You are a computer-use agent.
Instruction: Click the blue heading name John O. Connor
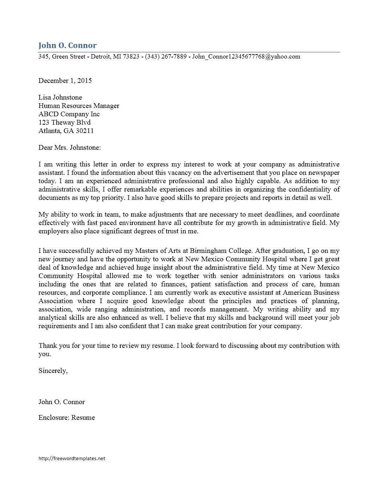coord(67,45)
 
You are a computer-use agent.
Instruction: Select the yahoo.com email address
coord(246,57)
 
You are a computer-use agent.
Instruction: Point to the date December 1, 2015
coord(65,81)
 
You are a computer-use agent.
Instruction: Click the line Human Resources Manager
coord(79,106)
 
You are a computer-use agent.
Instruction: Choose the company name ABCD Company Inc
coord(69,114)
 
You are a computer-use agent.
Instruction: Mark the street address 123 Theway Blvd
coord(64,122)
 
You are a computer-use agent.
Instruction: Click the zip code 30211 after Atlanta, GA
coord(84,131)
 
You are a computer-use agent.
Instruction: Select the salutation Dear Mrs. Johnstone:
coord(69,148)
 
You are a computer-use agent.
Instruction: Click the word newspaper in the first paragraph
coord(322,173)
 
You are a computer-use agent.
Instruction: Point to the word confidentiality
coord(309,189)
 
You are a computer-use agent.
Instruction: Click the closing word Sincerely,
coord(53,371)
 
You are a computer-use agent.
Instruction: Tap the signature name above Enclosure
coord(61,402)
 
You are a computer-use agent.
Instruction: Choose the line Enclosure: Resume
coord(67,418)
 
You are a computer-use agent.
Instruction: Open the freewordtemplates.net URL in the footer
coord(72,459)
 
